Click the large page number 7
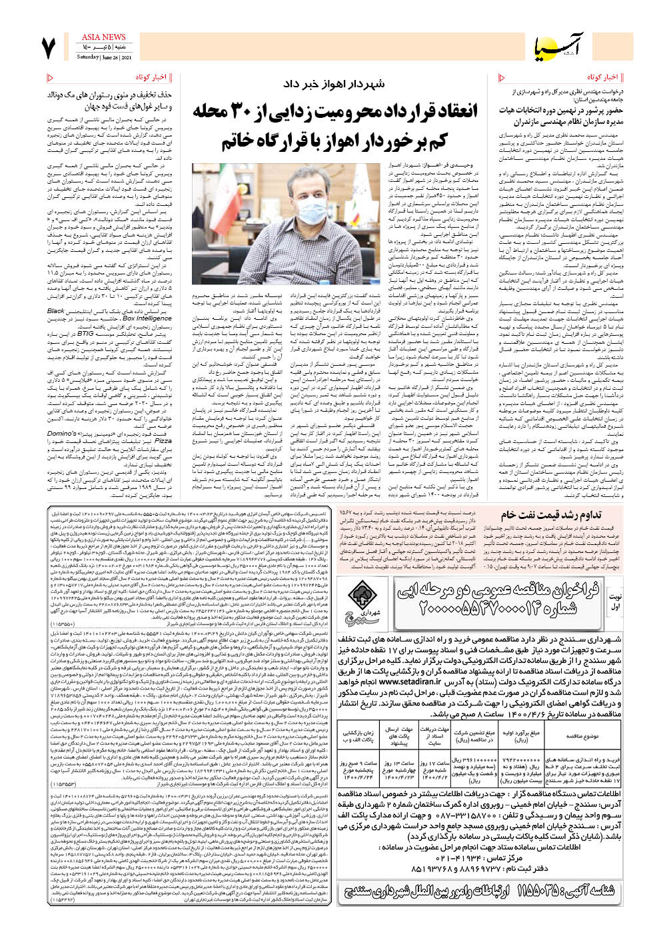pyautogui.click(x=49, y=49)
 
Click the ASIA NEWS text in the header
pyautogui.click(x=103, y=37)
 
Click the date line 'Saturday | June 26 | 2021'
pyautogui.click(x=103, y=57)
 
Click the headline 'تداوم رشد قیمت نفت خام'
pyautogui.click(x=551, y=514)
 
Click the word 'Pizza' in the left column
pyautogui.click(x=163, y=441)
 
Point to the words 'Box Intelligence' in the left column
pyautogui.click(x=147, y=318)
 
